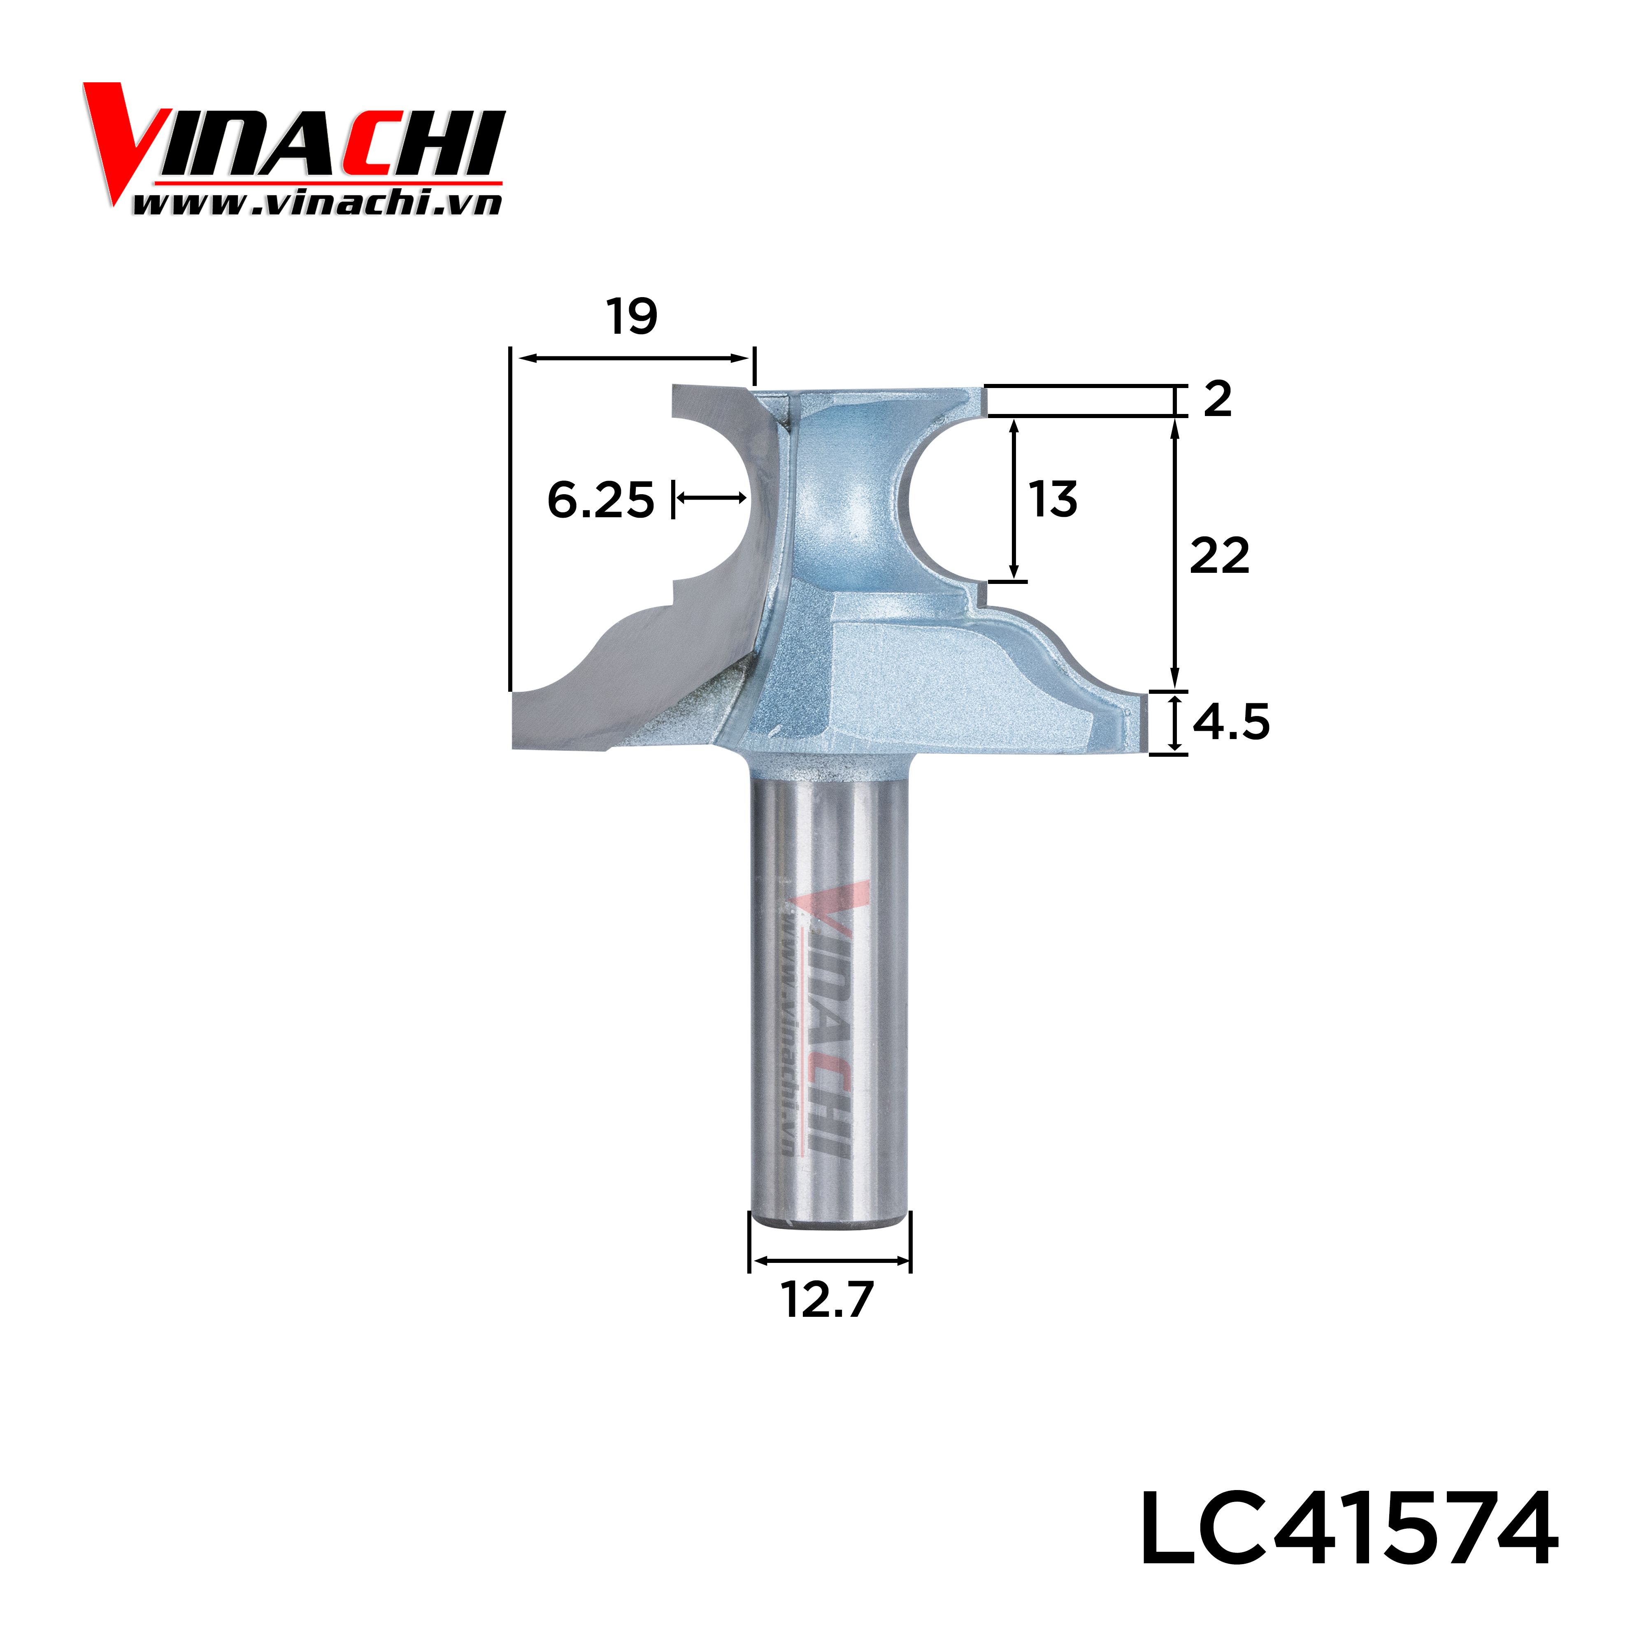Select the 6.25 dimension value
click(601, 500)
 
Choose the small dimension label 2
click(1218, 400)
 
